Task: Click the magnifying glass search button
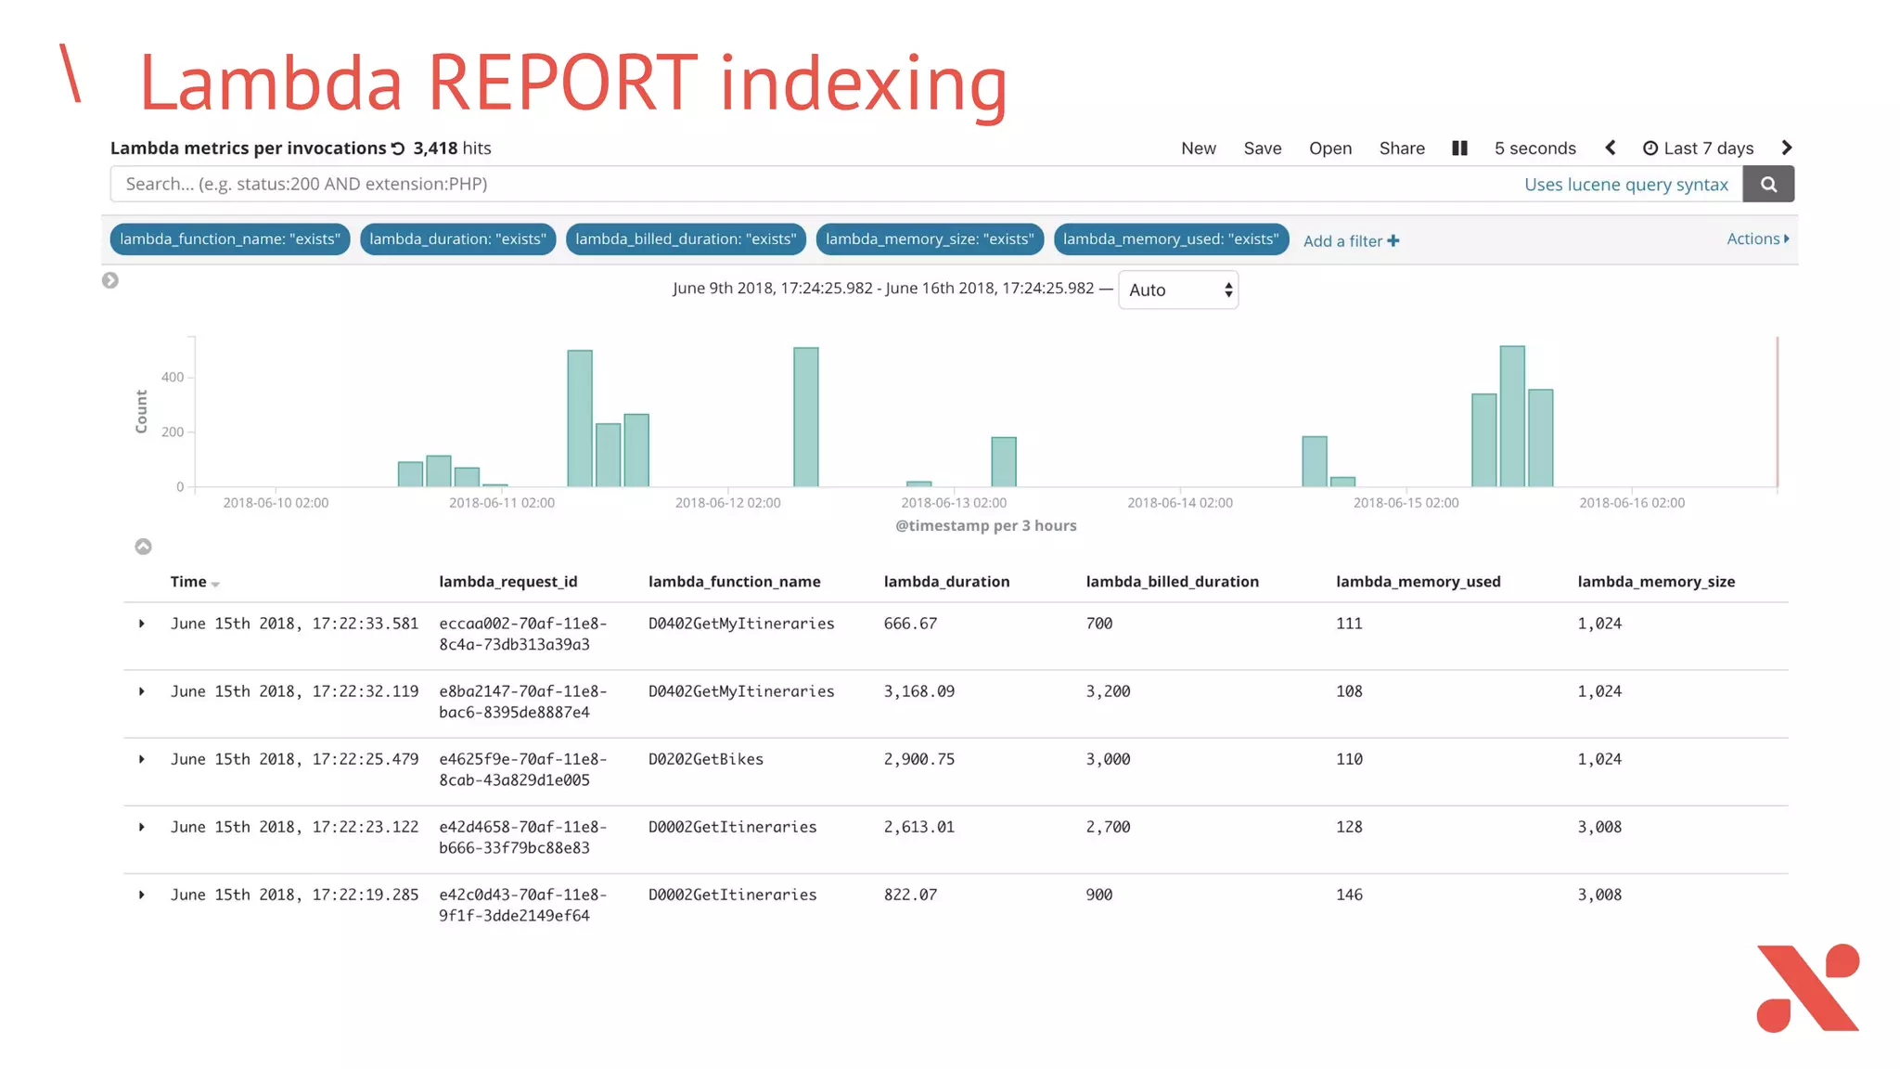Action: pyautogui.click(x=1768, y=184)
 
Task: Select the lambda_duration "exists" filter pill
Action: pyautogui.click(x=457, y=239)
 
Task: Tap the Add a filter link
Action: pyautogui.click(x=1351, y=241)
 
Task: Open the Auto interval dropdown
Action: pyautogui.click(x=1178, y=290)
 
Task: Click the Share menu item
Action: pyautogui.click(x=1402, y=148)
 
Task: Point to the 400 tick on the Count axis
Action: pyautogui.click(x=173, y=377)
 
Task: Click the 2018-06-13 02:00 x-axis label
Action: pyautogui.click(x=954, y=503)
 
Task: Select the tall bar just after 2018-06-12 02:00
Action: pyautogui.click(x=805, y=417)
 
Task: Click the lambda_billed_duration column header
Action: pyautogui.click(x=1172, y=582)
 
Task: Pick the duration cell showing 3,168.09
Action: pyautogui.click(x=918, y=691)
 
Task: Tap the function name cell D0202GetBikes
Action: pyautogui.click(x=705, y=759)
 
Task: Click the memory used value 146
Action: pyautogui.click(x=1349, y=895)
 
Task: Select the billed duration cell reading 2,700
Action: pyautogui.click(x=1108, y=827)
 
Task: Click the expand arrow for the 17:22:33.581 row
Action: pyautogui.click(x=142, y=624)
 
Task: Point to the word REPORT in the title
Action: pyautogui.click(x=561, y=84)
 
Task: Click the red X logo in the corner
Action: pyautogui.click(x=1807, y=987)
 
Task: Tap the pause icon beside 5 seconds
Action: pyautogui.click(x=1459, y=148)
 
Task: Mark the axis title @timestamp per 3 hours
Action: pyautogui.click(x=985, y=526)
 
